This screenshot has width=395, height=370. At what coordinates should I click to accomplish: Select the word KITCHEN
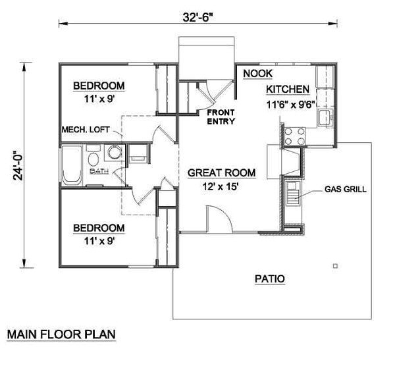288,90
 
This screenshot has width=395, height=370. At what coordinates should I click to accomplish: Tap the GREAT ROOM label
221,173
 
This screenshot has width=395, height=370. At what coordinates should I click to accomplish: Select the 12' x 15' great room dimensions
222,186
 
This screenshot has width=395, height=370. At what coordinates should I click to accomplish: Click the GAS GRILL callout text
345,190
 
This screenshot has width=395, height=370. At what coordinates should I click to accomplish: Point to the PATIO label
269,278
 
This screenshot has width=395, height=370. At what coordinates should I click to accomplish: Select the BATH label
99,171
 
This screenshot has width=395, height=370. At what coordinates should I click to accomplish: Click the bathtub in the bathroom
72,164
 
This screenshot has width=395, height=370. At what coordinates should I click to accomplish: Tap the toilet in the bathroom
94,159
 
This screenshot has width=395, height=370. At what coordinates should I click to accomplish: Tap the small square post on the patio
335,266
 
